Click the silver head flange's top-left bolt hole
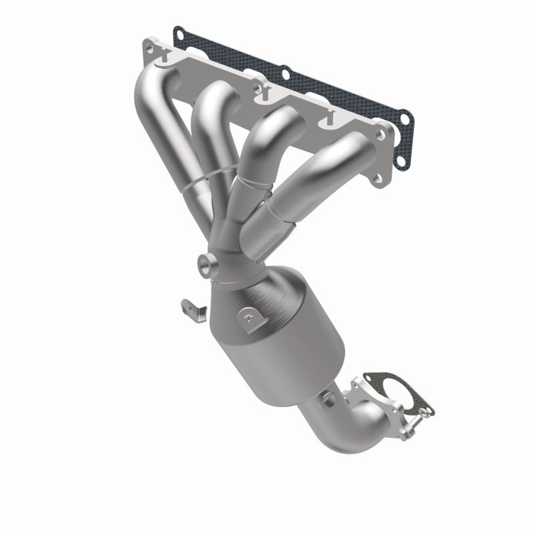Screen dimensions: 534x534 click(151, 47)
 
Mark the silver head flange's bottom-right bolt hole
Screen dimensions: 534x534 click(379, 178)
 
